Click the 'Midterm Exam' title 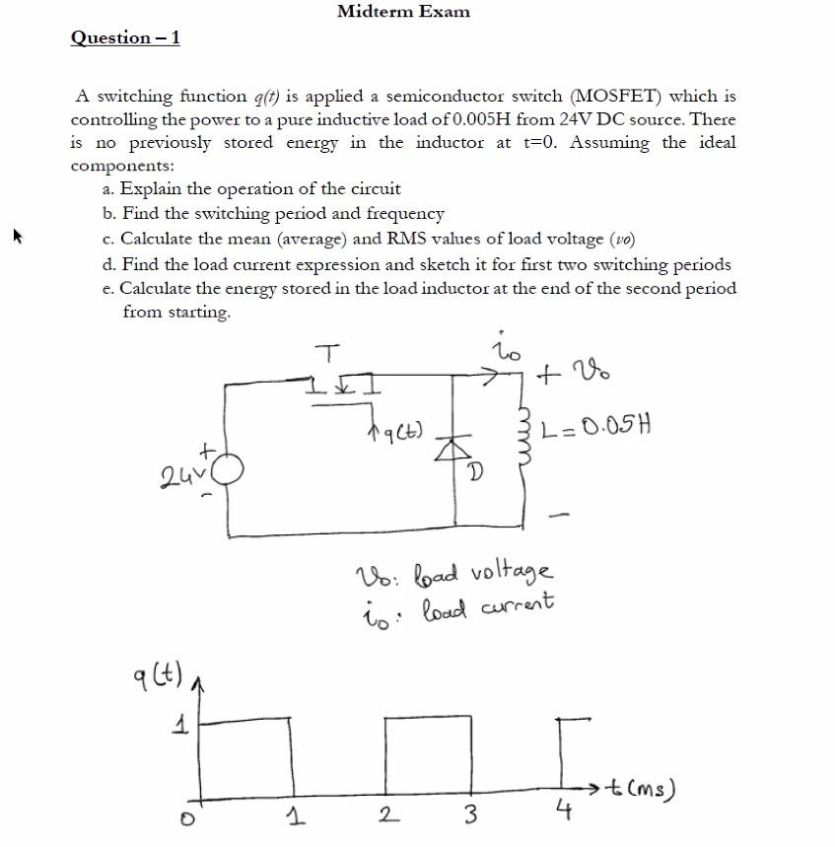pyautogui.click(x=403, y=12)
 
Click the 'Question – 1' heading pyautogui.click(x=125, y=38)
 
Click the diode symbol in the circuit pyautogui.click(x=454, y=449)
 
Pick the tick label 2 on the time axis pyautogui.click(x=387, y=814)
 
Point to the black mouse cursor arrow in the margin pyautogui.click(x=16, y=237)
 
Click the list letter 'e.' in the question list pyautogui.click(x=109, y=289)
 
